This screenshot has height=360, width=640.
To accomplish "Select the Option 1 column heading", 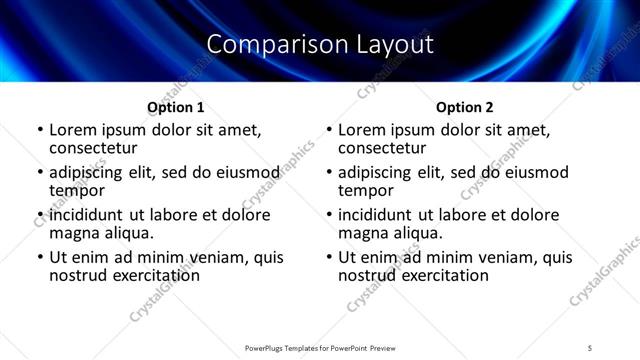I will pyautogui.click(x=176, y=107).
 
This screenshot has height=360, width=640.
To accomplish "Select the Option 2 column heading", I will pyautogui.click(x=465, y=107).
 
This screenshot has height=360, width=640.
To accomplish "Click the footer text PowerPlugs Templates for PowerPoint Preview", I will pyautogui.click(x=320, y=347).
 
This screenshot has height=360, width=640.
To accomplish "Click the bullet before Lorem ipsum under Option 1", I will pyautogui.click(x=40, y=130).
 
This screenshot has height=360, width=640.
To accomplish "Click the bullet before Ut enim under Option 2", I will pyautogui.click(x=329, y=257).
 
